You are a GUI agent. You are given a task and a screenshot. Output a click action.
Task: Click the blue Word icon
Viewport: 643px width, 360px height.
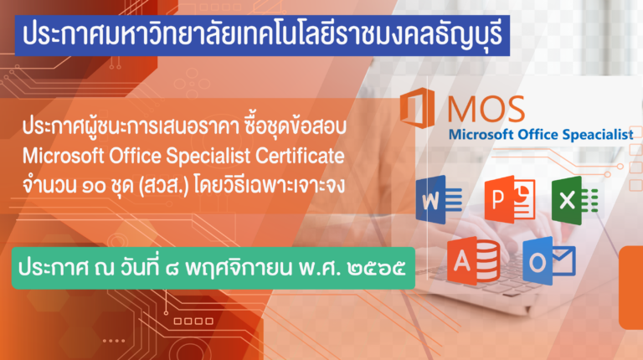tap(439, 199)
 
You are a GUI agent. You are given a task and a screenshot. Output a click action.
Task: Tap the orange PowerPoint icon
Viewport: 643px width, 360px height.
tap(510, 199)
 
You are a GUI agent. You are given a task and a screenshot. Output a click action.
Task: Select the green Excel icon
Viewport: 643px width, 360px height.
tap(574, 200)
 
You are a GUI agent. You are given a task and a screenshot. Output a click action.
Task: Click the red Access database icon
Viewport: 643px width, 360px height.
tap(474, 260)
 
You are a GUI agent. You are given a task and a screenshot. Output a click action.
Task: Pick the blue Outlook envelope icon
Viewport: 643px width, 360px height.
tap(549, 260)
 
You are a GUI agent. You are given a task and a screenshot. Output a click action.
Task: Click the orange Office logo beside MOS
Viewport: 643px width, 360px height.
tap(417, 108)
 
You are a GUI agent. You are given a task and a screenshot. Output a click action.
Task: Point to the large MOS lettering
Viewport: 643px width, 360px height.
tap(486, 109)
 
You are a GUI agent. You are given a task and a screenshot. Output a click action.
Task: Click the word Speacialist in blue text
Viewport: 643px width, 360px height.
tap(598, 135)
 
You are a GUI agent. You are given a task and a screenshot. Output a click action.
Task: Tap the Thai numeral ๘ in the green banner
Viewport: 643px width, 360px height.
tap(172, 269)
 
